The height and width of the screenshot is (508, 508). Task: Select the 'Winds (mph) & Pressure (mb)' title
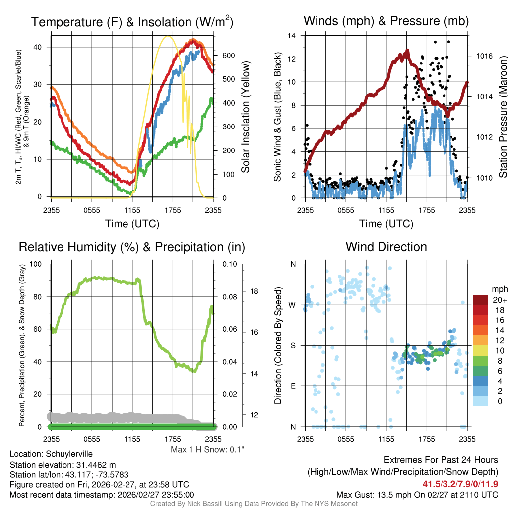(x=386, y=21)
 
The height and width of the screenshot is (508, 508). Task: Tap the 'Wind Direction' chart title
(x=386, y=247)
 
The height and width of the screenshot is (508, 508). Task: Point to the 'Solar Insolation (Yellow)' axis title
(x=245, y=117)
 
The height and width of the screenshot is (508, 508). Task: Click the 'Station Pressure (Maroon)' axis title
(x=502, y=117)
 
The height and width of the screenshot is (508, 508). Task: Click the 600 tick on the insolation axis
(x=228, y=56)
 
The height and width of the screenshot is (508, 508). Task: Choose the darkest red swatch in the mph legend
(x=480, y=300)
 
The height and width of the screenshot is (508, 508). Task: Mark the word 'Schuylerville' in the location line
(x=69, y=454)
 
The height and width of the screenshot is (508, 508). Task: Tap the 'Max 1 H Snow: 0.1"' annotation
(x=207, y=450)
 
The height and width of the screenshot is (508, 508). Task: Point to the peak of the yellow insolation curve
(x=168, y=36)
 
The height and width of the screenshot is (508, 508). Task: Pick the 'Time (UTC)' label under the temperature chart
(x=132, y=224)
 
